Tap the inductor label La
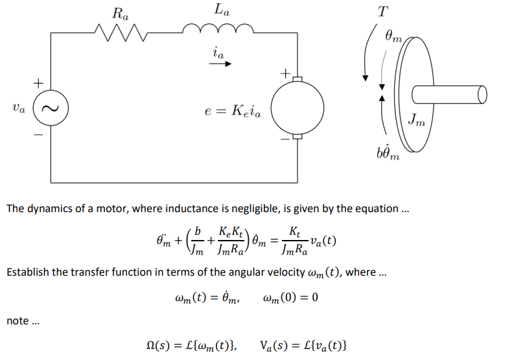220,11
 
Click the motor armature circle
296,108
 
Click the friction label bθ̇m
387,154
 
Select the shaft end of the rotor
481,95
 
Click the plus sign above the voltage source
38,83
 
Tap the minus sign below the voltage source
38,136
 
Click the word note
18,320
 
